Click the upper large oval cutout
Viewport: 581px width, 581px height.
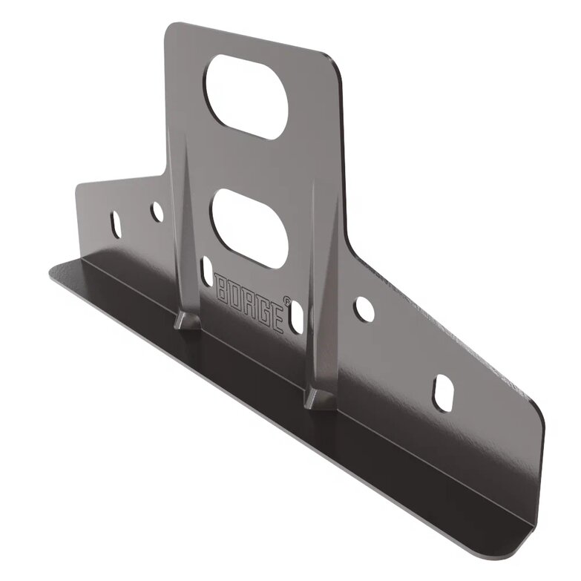pyautogui.click(x=247, y=97)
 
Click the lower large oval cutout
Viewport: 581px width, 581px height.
pyautogui.click(x=249, y=229)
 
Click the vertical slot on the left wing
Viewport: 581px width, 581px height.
pyautogui.click(x=116, y=225)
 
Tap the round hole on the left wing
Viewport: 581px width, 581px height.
pyautogui.click(x=157, y=211)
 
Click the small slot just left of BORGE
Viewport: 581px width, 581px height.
pyautogui.click(x=206, y=271)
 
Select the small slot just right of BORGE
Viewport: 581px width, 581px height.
pyautogui.click(x=297, y=315)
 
